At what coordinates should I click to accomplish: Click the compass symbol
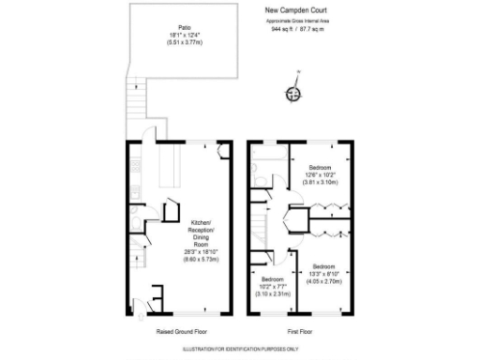pos(293,93)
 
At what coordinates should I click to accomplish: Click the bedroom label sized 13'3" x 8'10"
pos(328,266)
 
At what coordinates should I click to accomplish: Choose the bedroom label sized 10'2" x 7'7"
pos(273,280)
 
